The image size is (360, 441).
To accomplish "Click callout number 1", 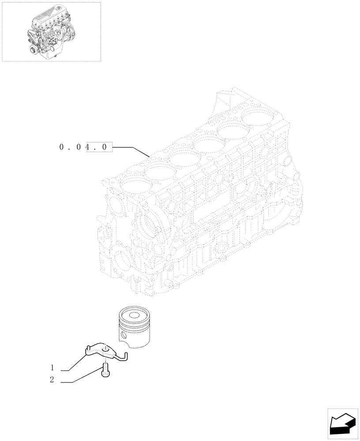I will [x=52, y=367].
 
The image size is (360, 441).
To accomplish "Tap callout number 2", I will [x=52, y=380].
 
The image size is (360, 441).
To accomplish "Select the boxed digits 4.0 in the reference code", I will [x=99, y=147].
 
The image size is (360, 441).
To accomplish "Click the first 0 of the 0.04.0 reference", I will [x=61, y=147].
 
